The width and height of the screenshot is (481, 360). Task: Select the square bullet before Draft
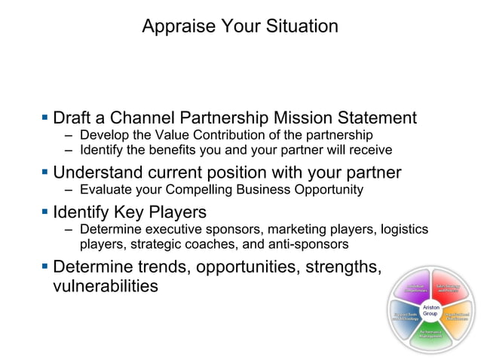(45, 117)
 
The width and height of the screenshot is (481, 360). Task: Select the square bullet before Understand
(45, 172)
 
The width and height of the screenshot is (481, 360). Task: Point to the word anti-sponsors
(307, 244)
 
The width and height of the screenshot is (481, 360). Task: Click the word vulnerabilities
(106, 286)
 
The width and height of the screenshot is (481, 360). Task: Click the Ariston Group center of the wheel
(431, 310)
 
